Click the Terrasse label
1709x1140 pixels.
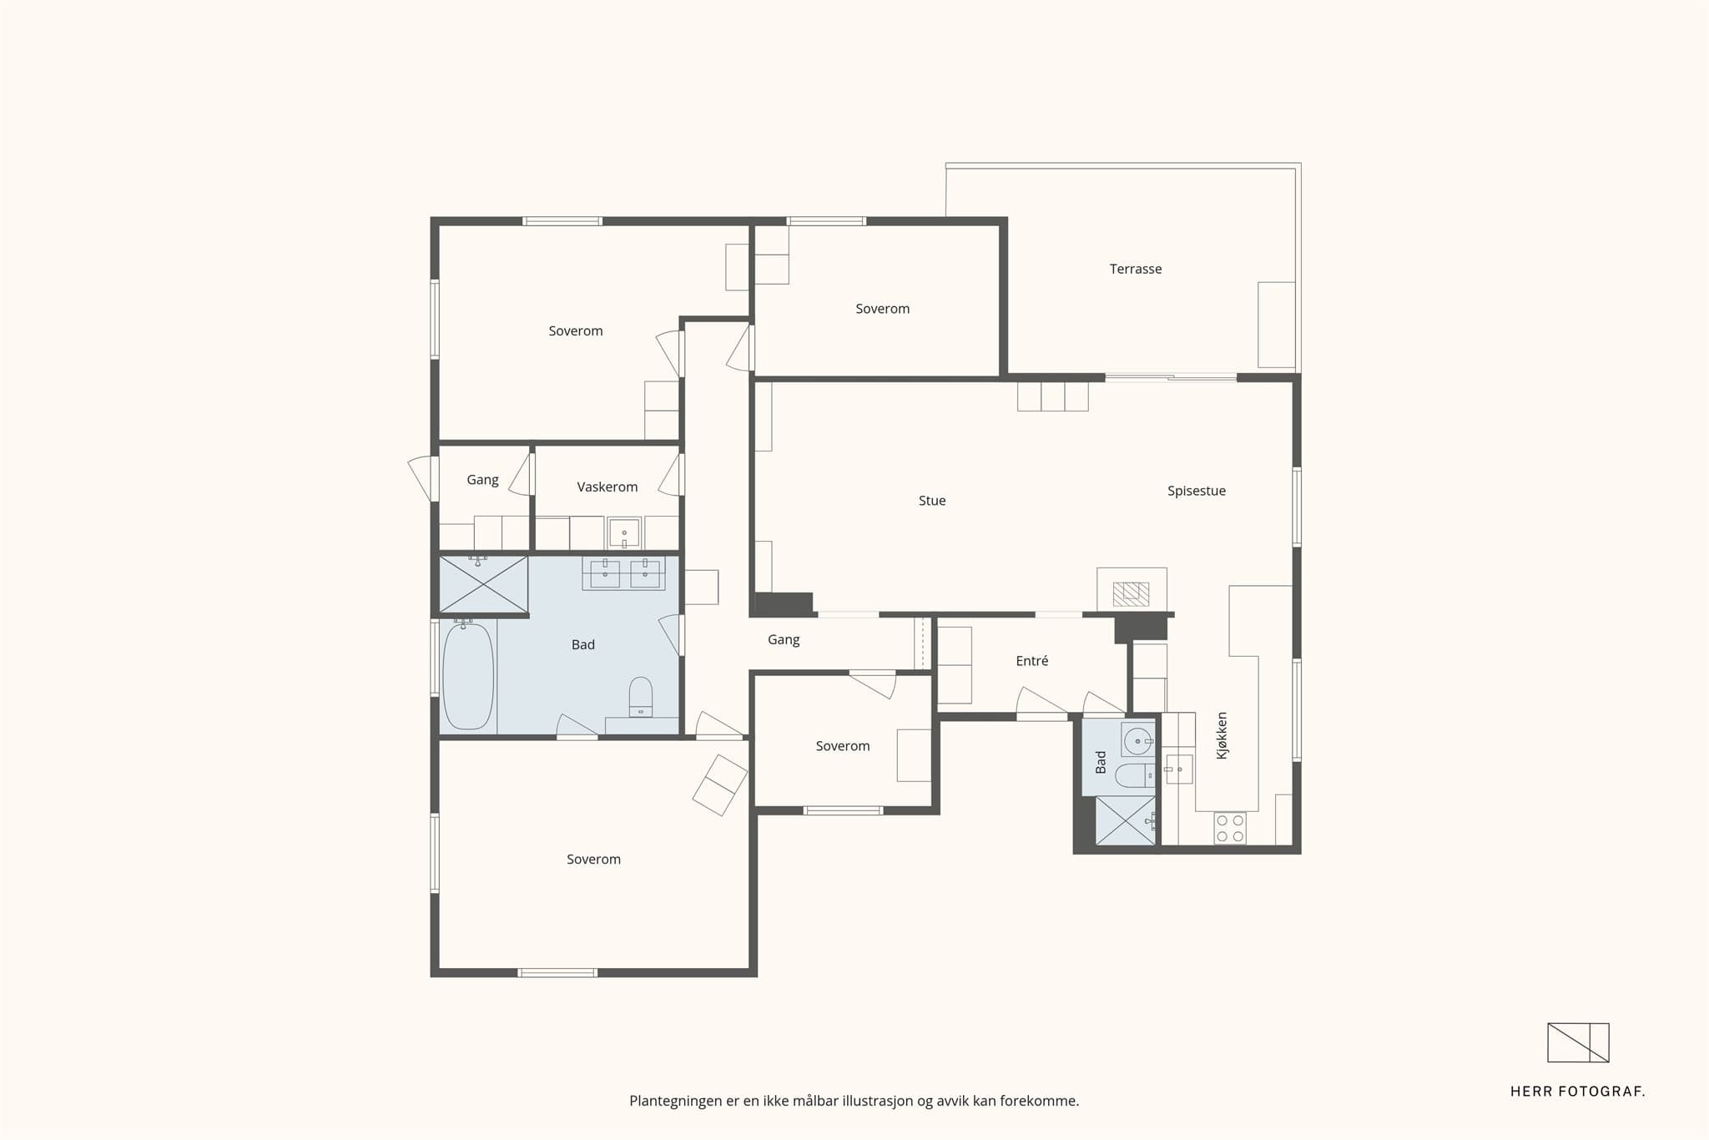pyautogui.click(x=1135, y=269)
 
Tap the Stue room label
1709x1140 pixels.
pyautogui.click(x=932, y=501)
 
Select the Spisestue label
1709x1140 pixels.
pyautogui.click(x=1197, y=491)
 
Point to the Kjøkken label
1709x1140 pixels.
pyautogui.click(x=1223, y=735)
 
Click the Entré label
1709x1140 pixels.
pyautogui.click(x=1032, y=661)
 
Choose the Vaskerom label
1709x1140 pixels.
pyautogui.click(x=607, y=487)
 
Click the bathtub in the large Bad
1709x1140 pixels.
pyautogui.click(x=467, y=677)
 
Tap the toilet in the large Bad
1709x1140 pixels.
pyautogui.click(x=641, y=696)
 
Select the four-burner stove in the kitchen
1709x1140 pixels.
pyautogui.click(x=1230, y=828)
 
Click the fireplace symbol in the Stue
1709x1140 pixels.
pyautogui.click(x=1132, y=593)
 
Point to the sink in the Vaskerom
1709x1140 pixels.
pyautogui.click(x=624, y=532)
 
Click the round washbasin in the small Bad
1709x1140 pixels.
pyautogui.click(x=1138, y=740)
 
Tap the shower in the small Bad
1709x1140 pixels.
pyautogui.click(x=1125, y=821)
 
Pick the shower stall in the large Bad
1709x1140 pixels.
pyautogui.click(x=484, y=584)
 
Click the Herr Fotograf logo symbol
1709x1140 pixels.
pyautogui.click(x=1578, y=1042)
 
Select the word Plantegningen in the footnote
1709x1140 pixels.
pyautogui.click(x=676, y=1102)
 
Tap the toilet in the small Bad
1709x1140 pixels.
pyautogui.click(x=1135, y=775)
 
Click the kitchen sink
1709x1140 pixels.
pyautogui.click(x=1179, y=769)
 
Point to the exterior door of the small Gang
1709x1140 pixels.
pyautogui.click(x=423, y=479)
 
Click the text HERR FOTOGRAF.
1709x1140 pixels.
pyautogui.click(x=1577, y=1092)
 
